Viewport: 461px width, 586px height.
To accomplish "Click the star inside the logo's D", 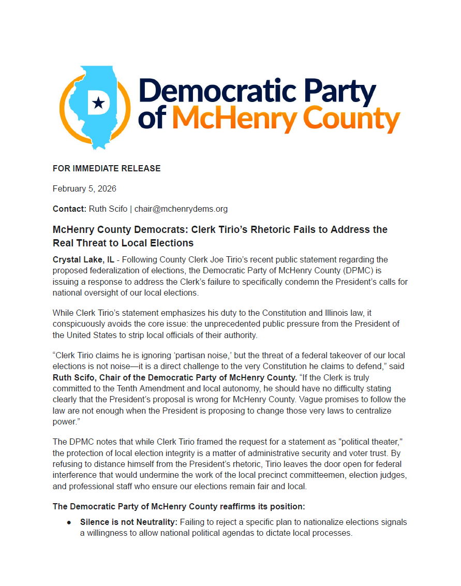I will pos(97,104).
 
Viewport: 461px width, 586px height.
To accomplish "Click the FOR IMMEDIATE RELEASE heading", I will pos(107,168).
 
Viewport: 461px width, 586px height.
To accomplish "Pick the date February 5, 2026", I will pos(84,188).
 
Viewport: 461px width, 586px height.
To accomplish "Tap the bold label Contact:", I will pos(69,209).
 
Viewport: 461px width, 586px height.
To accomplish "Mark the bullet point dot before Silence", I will pos(69,523).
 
